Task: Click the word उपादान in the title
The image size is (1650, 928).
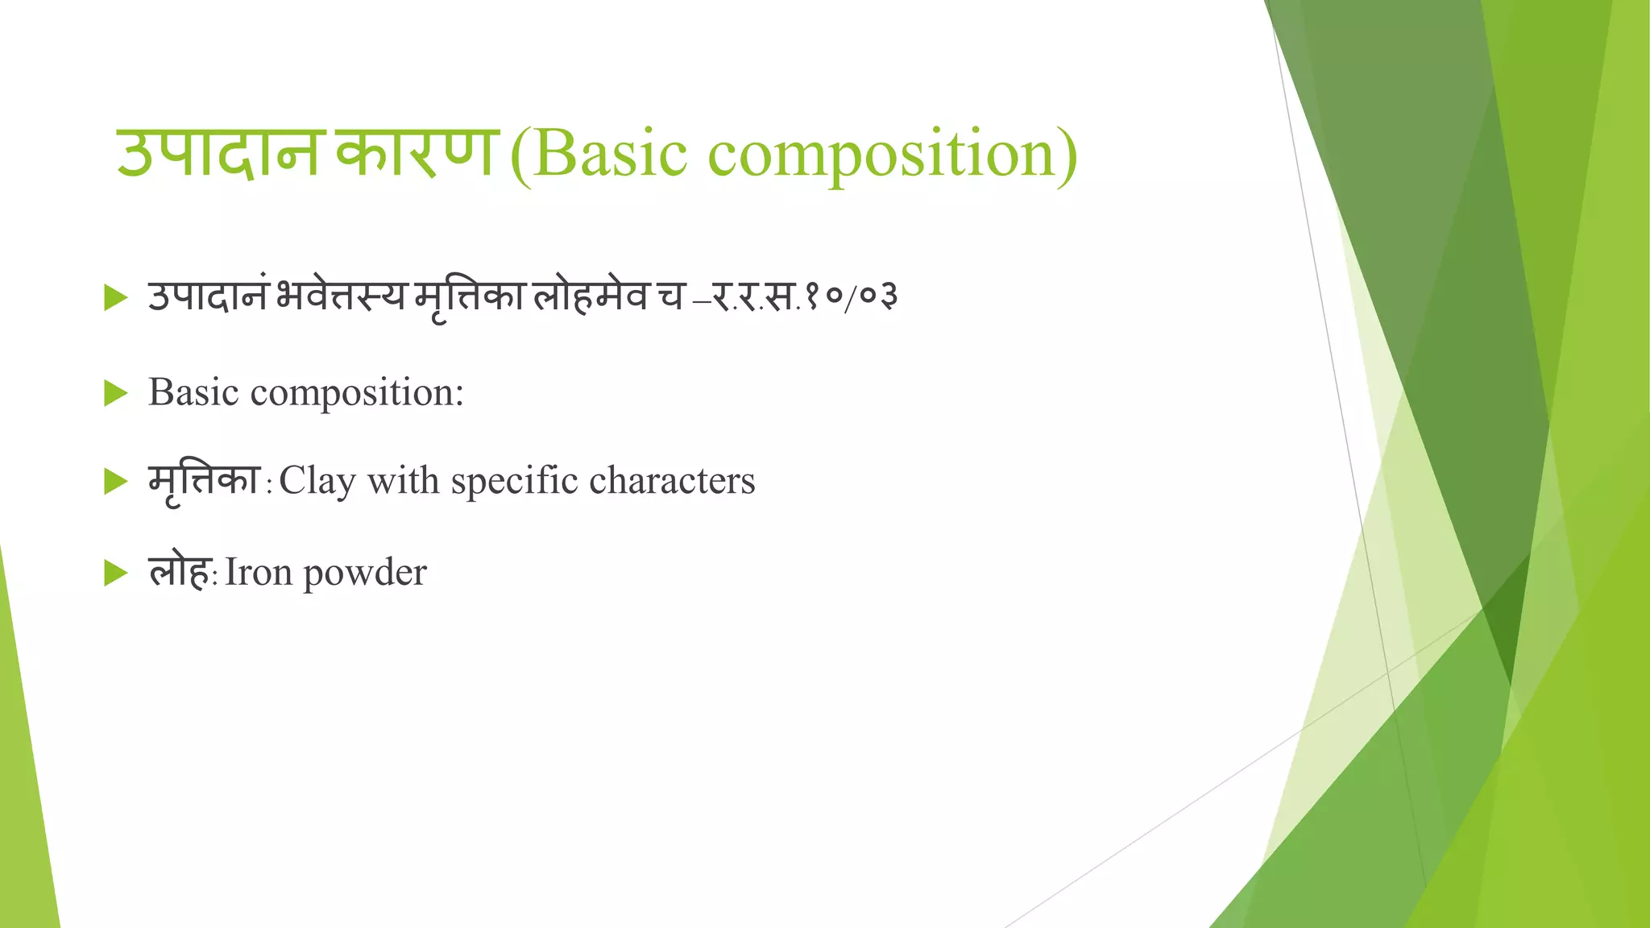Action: pyautogui.click(x=218, y=153)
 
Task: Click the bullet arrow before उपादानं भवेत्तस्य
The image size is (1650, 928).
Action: pyautogui.click(x=116, y=298)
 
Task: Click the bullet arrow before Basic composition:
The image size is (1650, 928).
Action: pyautogui.click(x=116, y=394)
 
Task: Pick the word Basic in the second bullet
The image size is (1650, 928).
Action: pyautogui.click(x=193, y=392)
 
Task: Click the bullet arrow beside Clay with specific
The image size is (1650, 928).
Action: pyautogui.click(x=116, y=482)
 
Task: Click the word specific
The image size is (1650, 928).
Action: pyautogui.click(x=514, y=482)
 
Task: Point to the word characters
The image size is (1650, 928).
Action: pyautogui.click(x=672, y=482)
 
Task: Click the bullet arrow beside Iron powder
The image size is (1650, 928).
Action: pyautogui.click(x=116, y=574)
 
